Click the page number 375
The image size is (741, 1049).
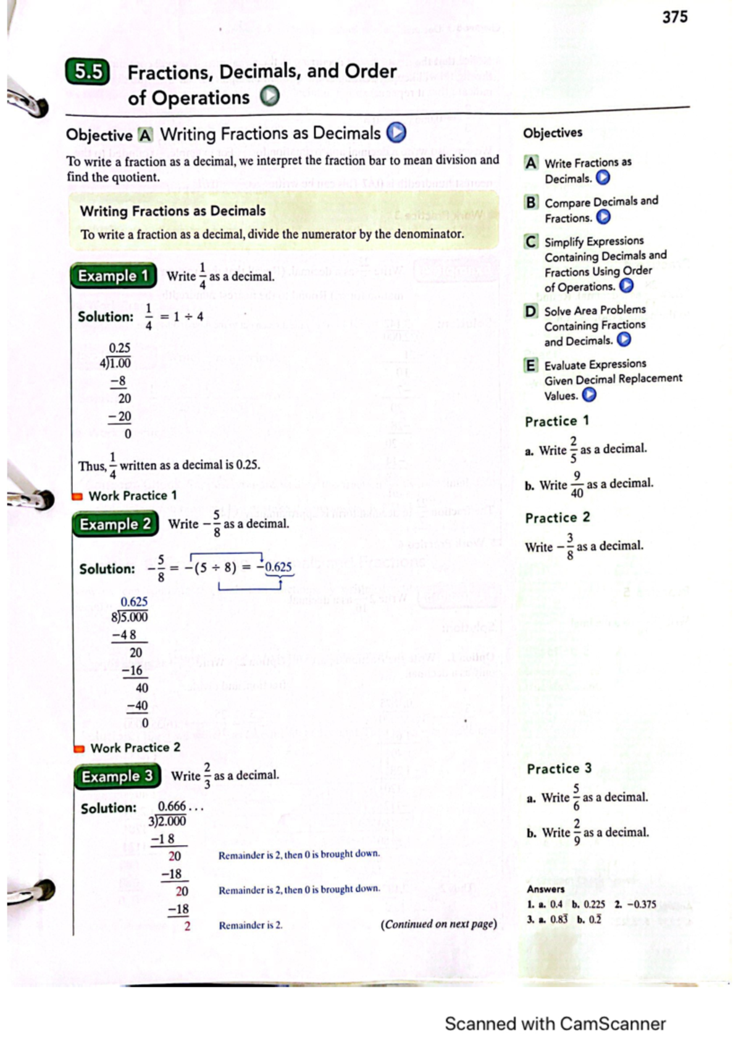[674, 17]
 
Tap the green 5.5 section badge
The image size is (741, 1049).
[88, 72]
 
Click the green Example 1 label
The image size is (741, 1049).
[114, 276]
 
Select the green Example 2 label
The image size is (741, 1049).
[115, 524]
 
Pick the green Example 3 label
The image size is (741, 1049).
[117, 777]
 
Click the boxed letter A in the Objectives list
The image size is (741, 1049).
[530, 163]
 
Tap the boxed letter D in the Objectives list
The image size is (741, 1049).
[531, 311]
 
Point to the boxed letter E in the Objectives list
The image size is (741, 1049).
[530, 365]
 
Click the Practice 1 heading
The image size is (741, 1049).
[556, 421]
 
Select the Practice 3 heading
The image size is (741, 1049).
[559, 769]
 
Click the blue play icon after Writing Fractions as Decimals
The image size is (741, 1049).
[396, 133]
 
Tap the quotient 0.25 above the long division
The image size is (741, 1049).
[120, 348]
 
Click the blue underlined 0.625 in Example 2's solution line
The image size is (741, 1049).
[278, 567]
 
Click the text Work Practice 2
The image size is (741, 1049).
[135, 748]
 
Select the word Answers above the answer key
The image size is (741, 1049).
[545, 889]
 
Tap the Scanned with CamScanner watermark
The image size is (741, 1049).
[555, 1024]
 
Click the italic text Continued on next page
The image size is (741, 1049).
[438, 924]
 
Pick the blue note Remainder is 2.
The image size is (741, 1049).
[250, 925]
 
